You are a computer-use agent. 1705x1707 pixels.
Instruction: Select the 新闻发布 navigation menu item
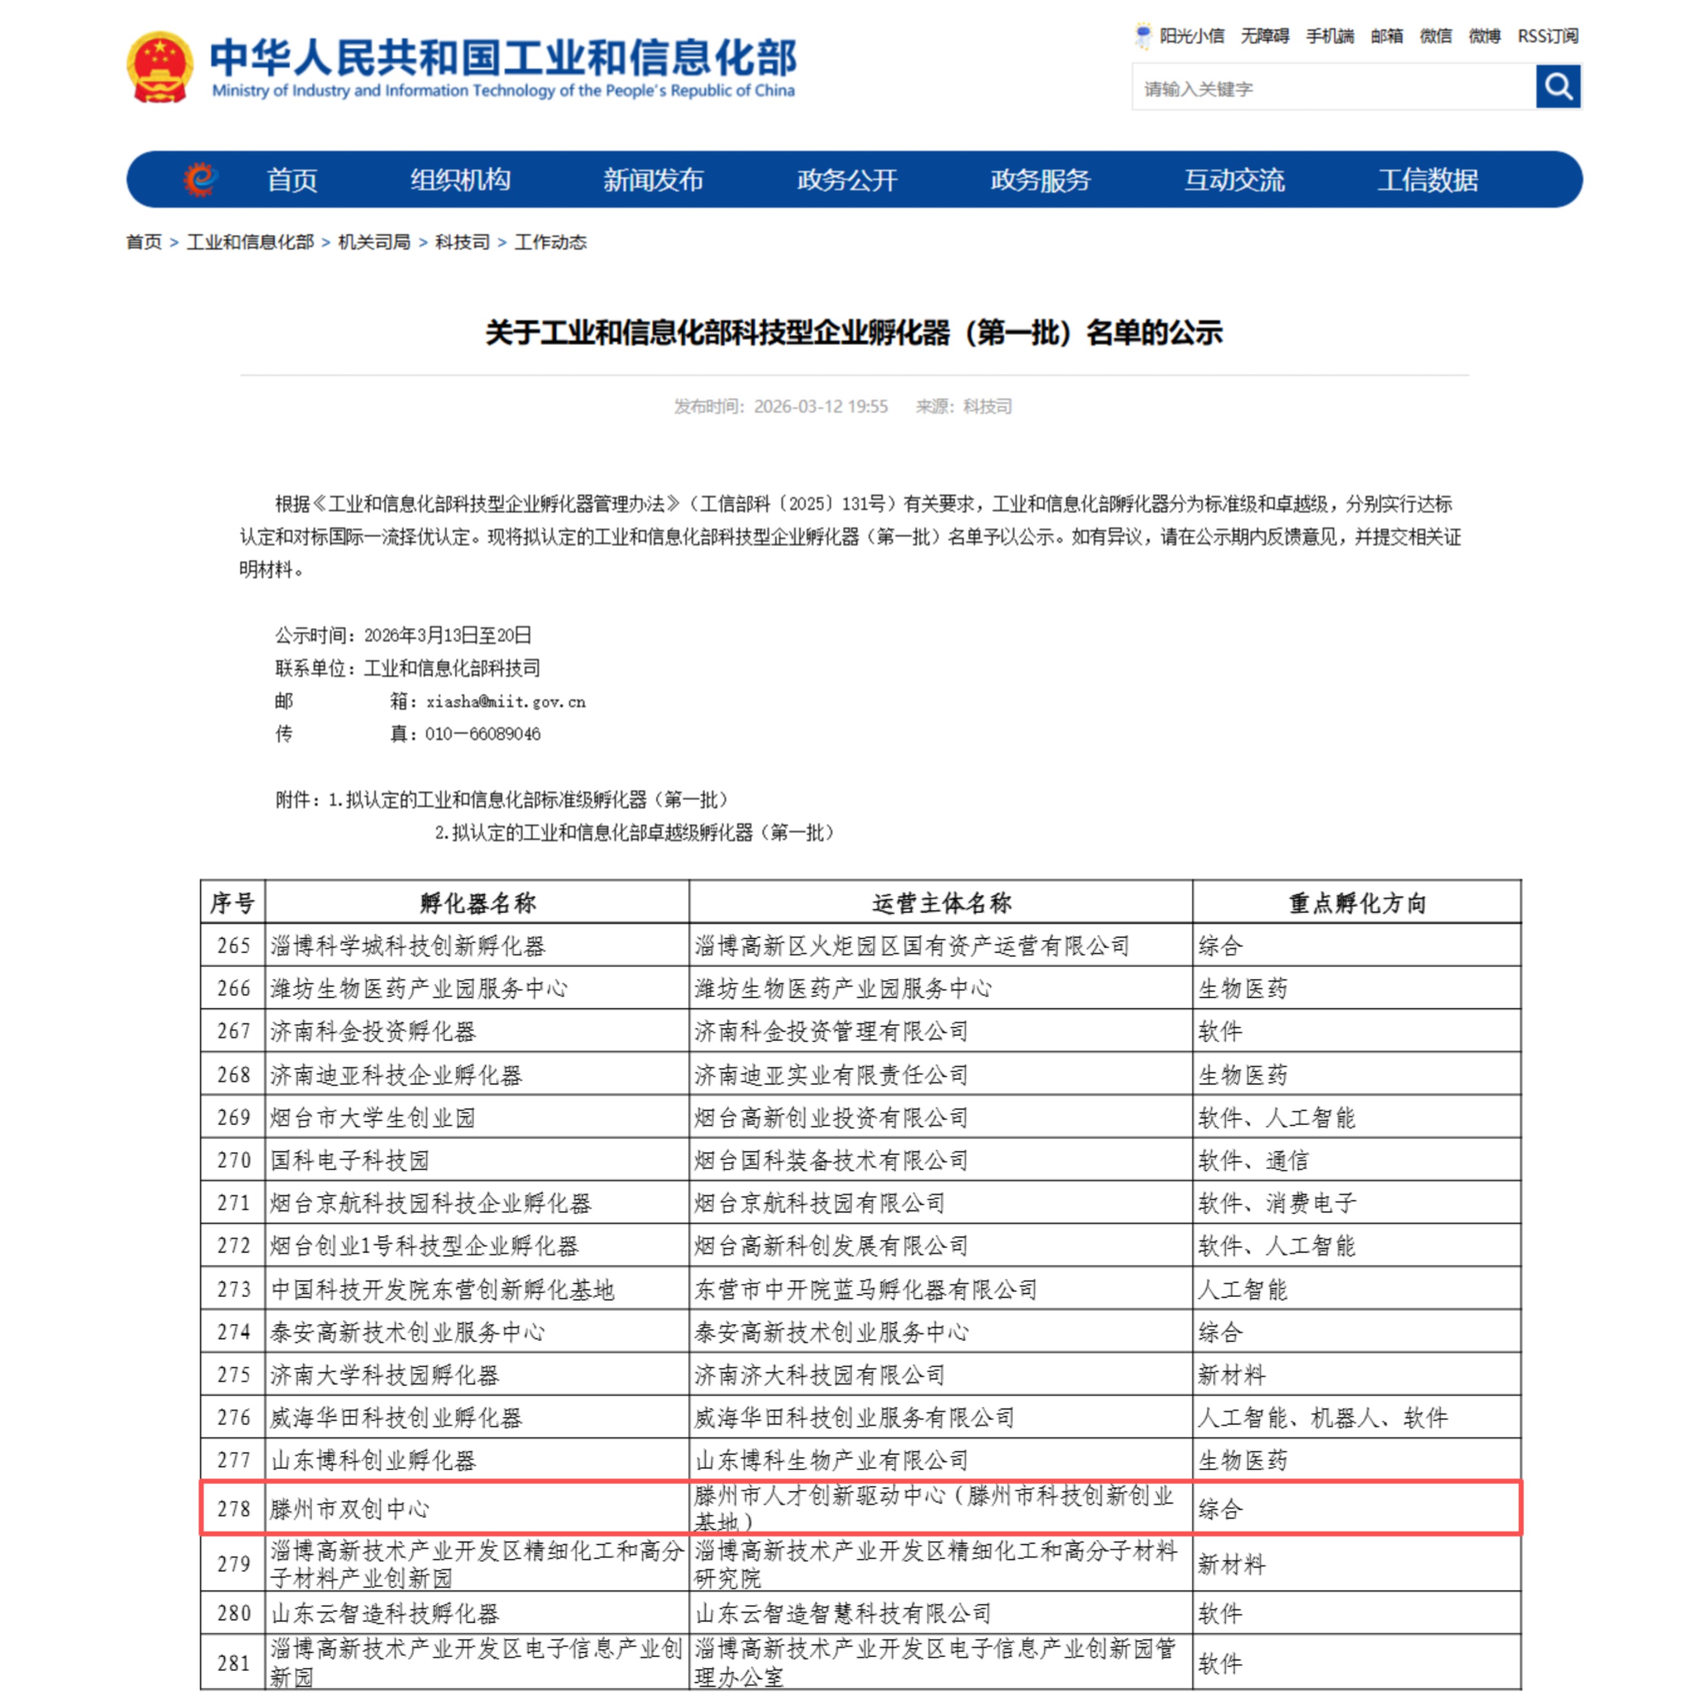(x=653, y=180)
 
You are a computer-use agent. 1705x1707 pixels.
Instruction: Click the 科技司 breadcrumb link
(x=461, y=242)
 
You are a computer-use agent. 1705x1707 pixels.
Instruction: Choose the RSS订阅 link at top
(x=1547, y=36)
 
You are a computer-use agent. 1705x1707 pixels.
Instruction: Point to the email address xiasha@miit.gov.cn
(x=506, y=702)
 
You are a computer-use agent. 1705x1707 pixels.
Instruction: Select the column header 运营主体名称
(x=941, y=903)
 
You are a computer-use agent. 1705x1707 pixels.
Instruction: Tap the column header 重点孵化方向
(x=1357, y=903)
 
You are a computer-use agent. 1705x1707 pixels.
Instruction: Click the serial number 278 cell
(x=233, y=1508)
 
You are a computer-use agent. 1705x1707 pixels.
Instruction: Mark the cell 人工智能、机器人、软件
(x=1322, y=1418)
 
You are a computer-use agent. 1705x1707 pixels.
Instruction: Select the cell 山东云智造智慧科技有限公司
(x=842, y=1614)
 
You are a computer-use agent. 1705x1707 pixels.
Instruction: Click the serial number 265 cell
(x=233, y=946)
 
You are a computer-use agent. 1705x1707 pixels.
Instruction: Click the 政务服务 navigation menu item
(x=1040, y=180)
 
